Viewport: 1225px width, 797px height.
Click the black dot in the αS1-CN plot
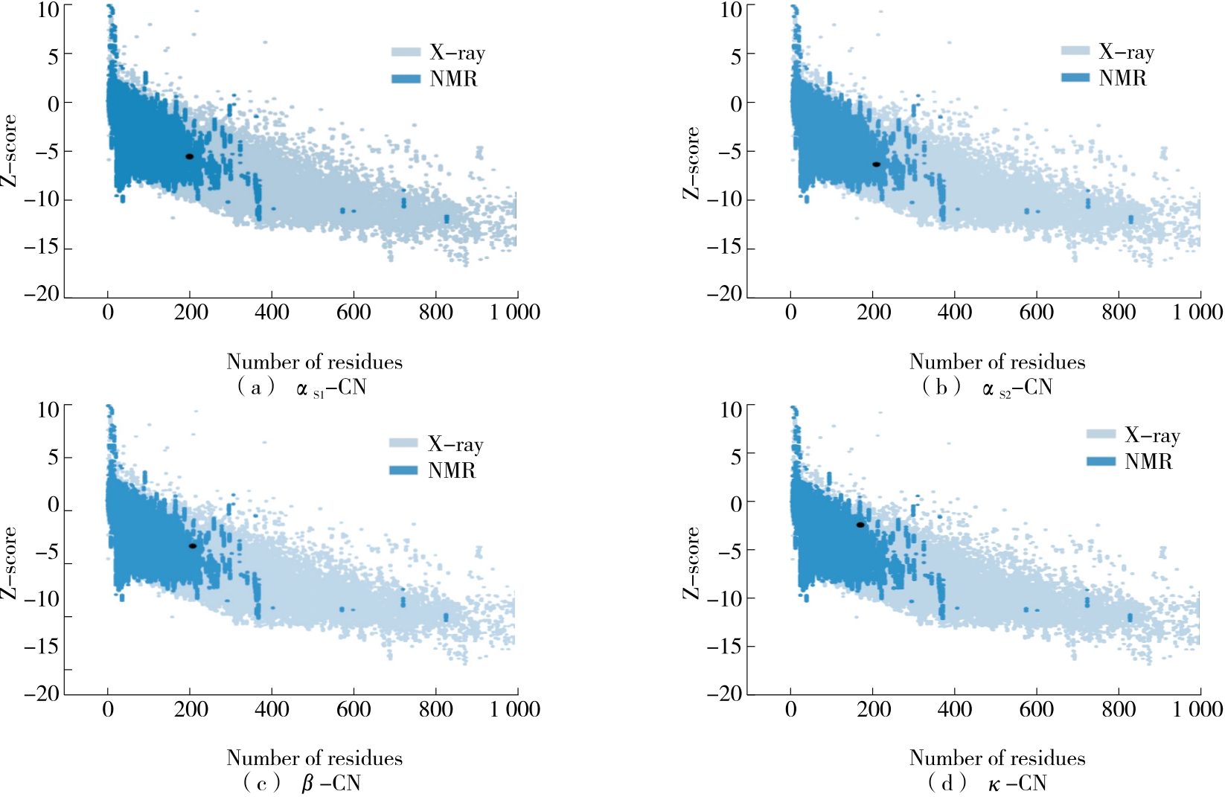coord(190,156)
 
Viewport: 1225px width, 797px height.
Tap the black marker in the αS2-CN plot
coord(876,164)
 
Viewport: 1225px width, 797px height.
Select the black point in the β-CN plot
coord(193,545)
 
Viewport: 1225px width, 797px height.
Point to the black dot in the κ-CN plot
coord(860,525)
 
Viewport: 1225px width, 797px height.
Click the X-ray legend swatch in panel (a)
coord(406,52)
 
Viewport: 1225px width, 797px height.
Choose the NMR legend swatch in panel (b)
coord(1075,77)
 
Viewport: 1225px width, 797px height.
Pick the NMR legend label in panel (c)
coord(451,470)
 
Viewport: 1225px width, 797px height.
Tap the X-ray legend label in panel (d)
coord(1152,435)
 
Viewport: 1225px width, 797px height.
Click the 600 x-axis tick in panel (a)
coord(354,312)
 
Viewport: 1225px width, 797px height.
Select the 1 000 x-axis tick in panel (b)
coord(1197,312)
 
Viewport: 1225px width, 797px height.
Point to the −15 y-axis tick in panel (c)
coord(42,645)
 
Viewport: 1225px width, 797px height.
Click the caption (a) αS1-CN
coord(301,388)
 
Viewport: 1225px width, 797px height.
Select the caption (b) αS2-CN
coord(987,388)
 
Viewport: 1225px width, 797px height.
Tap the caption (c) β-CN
coord(301,783)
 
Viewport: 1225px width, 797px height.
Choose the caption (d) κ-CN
coord(987,783)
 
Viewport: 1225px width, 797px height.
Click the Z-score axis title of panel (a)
coord(9,151)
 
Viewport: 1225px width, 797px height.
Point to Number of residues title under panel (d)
coord(997,758)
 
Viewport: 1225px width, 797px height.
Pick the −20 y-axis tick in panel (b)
coord(725,294)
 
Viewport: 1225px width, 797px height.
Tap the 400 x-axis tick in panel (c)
coord(272,709)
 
